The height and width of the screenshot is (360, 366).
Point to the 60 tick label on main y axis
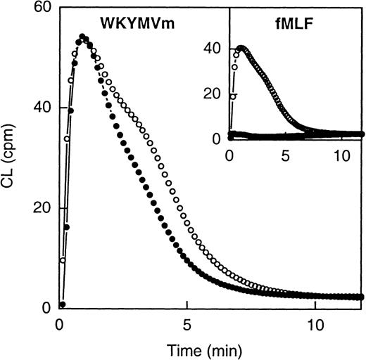tap(42, 8)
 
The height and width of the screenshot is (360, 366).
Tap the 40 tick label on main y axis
tap(42, 108)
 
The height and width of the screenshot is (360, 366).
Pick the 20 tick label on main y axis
tap(42, 209)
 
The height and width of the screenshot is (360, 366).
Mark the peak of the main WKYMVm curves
tap(82, 37)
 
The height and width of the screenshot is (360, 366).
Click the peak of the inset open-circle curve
tap(241, 49)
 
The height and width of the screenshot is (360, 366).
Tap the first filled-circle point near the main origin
tap(63, 304)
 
